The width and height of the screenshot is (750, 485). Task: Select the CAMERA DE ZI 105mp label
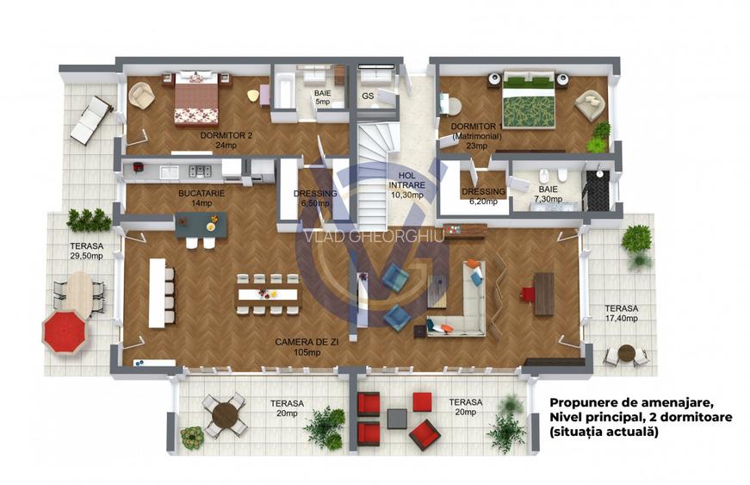(x=301, y=347)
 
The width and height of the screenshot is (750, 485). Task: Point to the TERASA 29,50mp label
(x=86, y=251)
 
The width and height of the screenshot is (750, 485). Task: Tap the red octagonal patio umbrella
(x=65, y=331)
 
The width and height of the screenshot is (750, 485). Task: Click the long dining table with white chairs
(x=268, y=294)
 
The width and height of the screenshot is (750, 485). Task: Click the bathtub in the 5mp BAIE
(x=283, y=91)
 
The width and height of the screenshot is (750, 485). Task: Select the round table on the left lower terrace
(x=226, y=413)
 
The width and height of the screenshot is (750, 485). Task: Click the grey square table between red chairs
(x=396, y=418)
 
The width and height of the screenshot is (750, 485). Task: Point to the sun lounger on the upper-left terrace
(x=90, y=119)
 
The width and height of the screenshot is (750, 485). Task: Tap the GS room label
(x=368, y=96)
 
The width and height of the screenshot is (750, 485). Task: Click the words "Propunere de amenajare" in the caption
(x=631, y=401)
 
